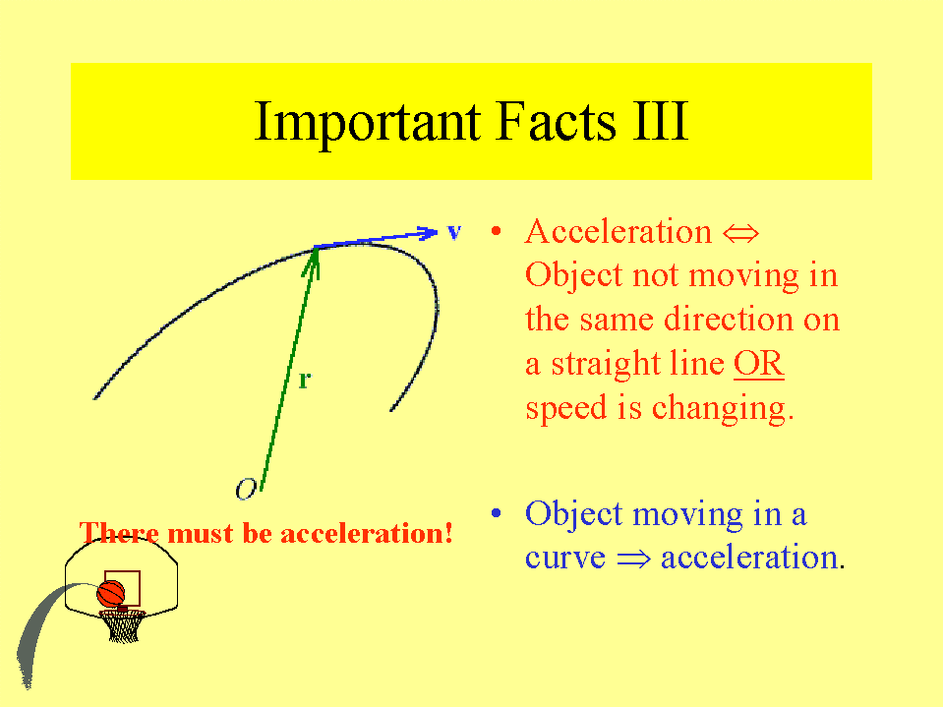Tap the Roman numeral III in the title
(661, 122)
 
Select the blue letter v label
(454, 232)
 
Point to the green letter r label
(305, 380)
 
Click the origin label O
(246, 490)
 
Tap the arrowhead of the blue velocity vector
(428, 233)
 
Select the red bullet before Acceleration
(497, 231)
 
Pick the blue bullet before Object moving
(497, 513)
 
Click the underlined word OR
(759, 363)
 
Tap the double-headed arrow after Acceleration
(740, 234)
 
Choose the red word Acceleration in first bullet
(619, 231)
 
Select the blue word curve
(564, 559)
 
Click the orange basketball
(111, 593)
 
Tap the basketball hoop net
(123, 626)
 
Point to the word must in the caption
(200, 533)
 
